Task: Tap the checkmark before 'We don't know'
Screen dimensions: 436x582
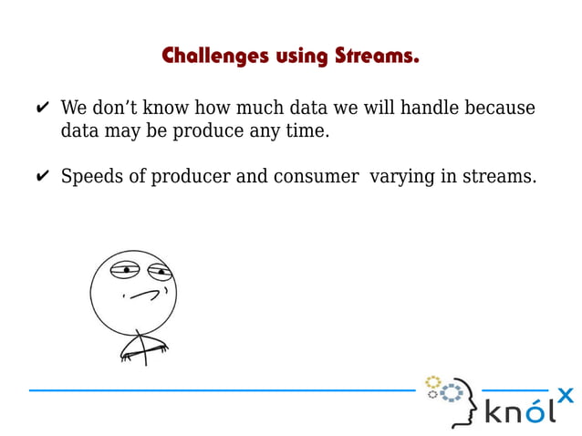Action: pyautogui.click(x=42, y=109)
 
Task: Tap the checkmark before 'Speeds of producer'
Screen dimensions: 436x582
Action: pyautogui.click(x=42, y=177)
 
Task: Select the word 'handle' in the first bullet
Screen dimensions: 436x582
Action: pyautogui.click(x=427, y=109)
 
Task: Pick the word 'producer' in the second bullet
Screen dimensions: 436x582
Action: pyautogui.click(x=193, y=177)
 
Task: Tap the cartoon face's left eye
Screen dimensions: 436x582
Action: pyautogui.click(x=122, y=270)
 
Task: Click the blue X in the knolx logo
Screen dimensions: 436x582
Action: pyautogui.click(x=565, y=395)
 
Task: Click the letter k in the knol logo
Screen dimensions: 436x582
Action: pyautogui.click(x=495, y=410)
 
